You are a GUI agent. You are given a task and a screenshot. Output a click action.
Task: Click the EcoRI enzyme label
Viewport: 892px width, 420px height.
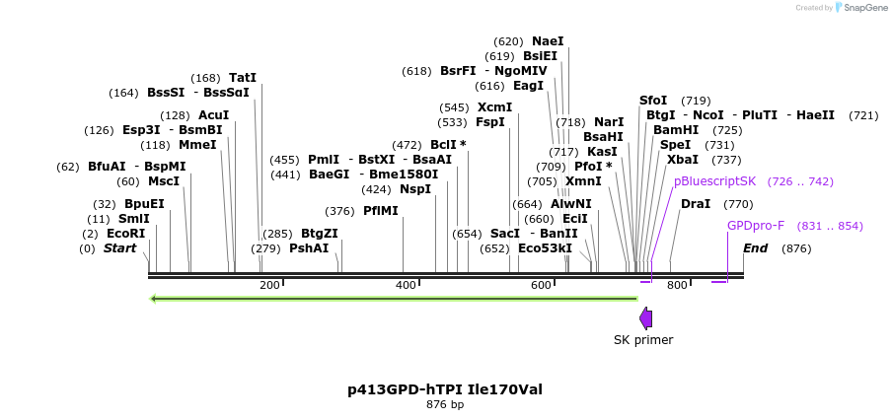(125, 234)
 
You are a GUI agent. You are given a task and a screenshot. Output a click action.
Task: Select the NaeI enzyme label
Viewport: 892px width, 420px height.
(548, 41)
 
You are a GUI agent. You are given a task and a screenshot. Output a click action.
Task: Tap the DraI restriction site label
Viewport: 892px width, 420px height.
(695, 204)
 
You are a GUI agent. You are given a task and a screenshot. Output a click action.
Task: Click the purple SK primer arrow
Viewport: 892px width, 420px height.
(645, 317)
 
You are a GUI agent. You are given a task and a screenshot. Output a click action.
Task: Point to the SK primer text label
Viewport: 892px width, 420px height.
(643, 340)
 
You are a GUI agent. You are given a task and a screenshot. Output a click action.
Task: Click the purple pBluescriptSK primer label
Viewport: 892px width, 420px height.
(714, 181)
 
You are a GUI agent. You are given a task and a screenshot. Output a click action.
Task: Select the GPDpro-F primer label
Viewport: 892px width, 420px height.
(756, 226)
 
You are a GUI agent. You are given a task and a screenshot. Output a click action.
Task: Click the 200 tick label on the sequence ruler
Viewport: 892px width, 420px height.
(269, 285)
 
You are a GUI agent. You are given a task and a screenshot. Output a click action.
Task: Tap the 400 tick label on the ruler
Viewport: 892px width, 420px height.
(406, 285)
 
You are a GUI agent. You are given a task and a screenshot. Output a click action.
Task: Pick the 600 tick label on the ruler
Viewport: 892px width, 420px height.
(542, 285)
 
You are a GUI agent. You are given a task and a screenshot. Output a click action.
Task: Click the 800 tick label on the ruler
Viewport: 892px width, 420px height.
(677, 285)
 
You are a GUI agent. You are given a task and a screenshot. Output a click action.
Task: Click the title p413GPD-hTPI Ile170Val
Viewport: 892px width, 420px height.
(445, 389)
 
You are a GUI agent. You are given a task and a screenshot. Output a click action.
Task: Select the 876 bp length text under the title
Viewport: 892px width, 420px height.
(445, 404)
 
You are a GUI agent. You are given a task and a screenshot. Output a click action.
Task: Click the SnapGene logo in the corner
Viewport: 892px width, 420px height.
(859, 8)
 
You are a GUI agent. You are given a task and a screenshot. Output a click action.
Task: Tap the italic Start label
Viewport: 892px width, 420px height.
(119, 248)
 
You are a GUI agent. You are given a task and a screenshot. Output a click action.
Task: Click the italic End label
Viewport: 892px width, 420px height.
(755, 248)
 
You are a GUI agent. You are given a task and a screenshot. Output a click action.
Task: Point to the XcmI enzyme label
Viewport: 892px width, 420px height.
(494, 107)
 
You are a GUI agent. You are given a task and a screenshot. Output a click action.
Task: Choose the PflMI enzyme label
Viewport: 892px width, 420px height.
(380, 211)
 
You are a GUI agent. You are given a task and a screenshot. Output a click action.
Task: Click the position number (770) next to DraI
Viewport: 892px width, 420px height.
(738, 204)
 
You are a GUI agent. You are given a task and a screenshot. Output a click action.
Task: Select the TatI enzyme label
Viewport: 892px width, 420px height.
(242, 78)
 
